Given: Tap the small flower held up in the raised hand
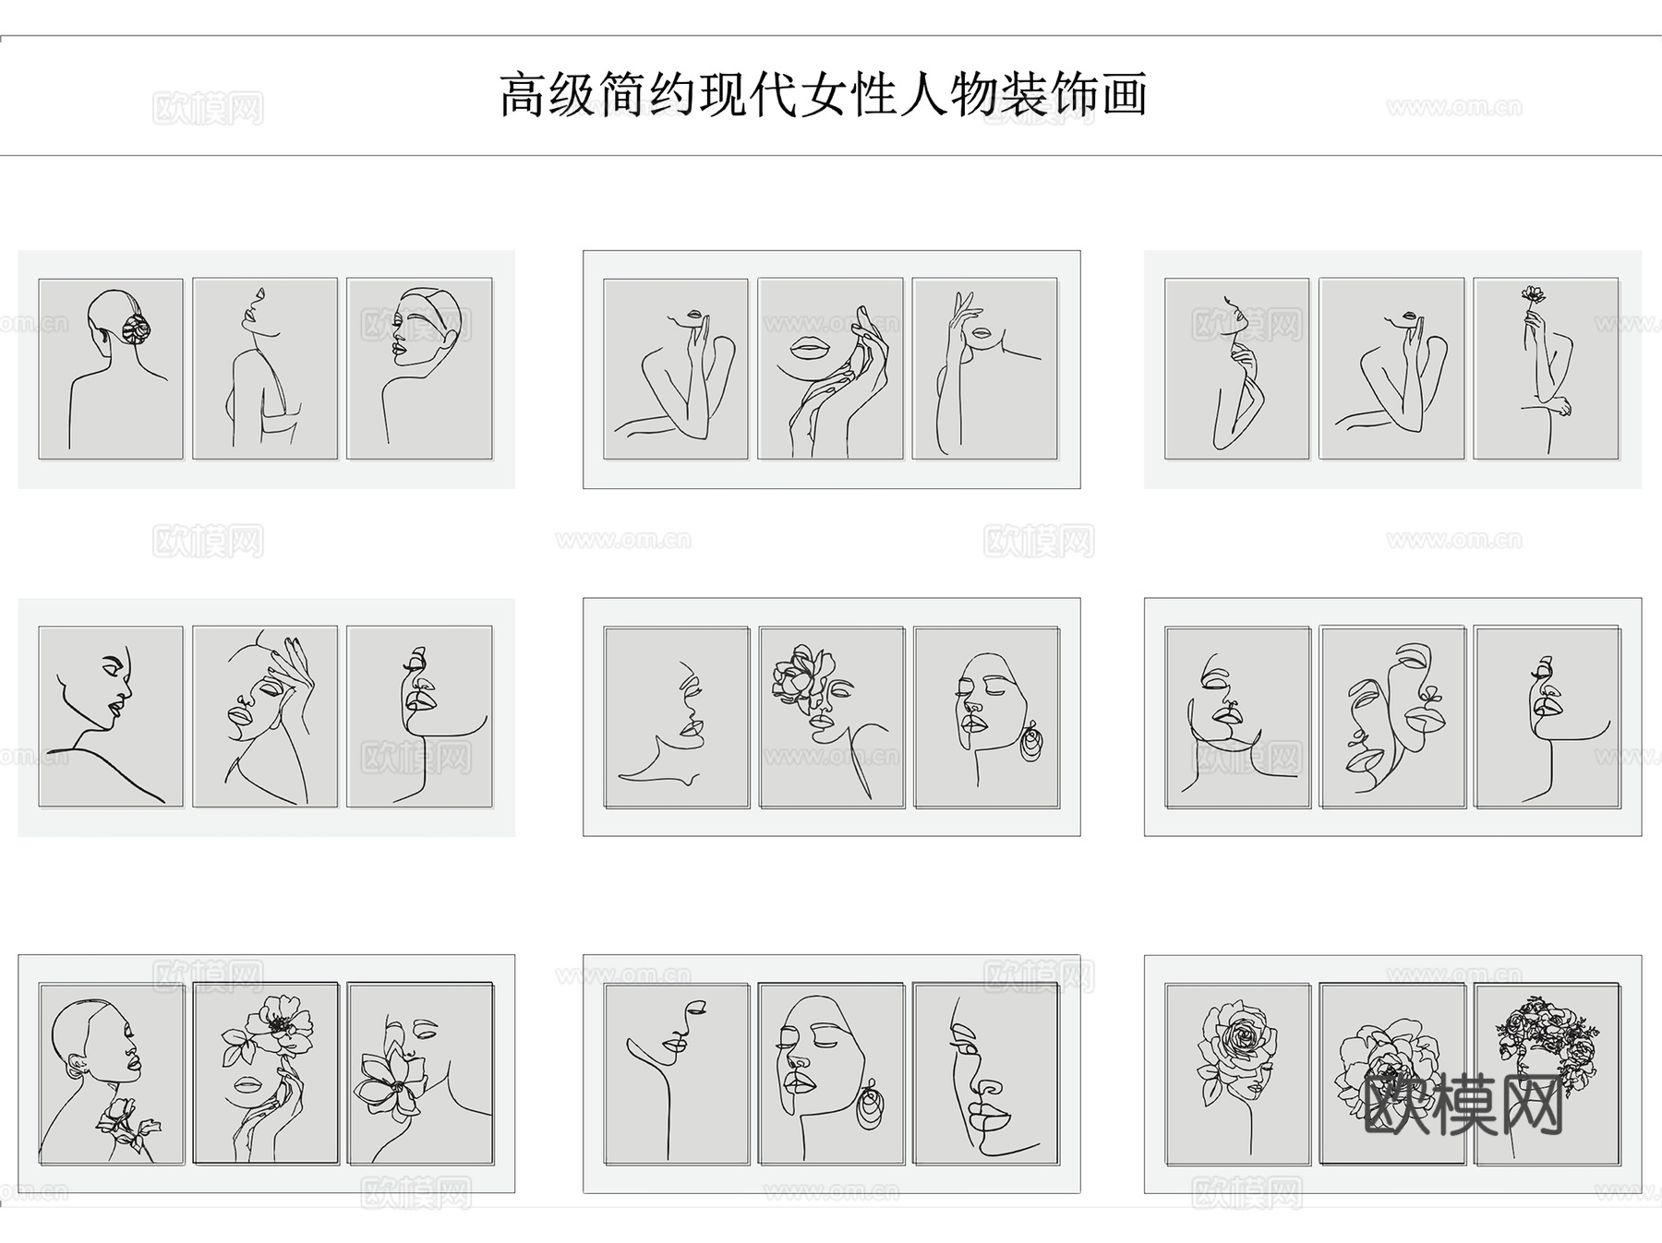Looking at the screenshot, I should click(x=1534, y=295).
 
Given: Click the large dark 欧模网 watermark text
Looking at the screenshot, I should click(x=1463, y=1106).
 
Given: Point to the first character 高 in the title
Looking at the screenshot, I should click(x=523, y=95).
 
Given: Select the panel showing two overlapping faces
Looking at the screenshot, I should click(x=1391, y=717).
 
